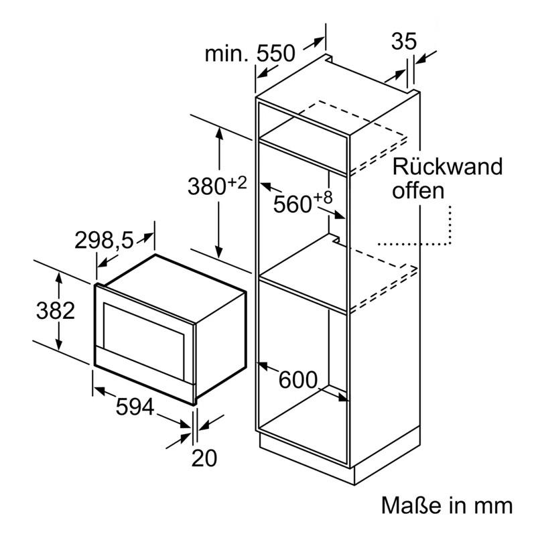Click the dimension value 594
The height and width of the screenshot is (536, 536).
pos(135,407)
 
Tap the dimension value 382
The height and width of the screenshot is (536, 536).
pos(56,311)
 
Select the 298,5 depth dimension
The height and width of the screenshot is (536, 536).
pos(104,240)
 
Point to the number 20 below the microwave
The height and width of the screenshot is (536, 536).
pos(204,458)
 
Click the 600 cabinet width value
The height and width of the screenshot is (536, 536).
pos(298,380)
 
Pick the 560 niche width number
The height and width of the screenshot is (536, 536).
pos(292,204)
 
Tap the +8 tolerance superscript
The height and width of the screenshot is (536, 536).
pos(323,197)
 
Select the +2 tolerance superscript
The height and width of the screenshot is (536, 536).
pos(237,183)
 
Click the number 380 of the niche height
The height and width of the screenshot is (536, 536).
pos(207,187)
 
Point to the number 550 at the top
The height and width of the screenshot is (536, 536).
pos(275,54)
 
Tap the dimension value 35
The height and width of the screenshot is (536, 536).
pos(404,42)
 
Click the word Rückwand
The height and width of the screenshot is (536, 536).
pos(447,166)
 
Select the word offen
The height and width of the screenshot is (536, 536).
pos(418,190)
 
